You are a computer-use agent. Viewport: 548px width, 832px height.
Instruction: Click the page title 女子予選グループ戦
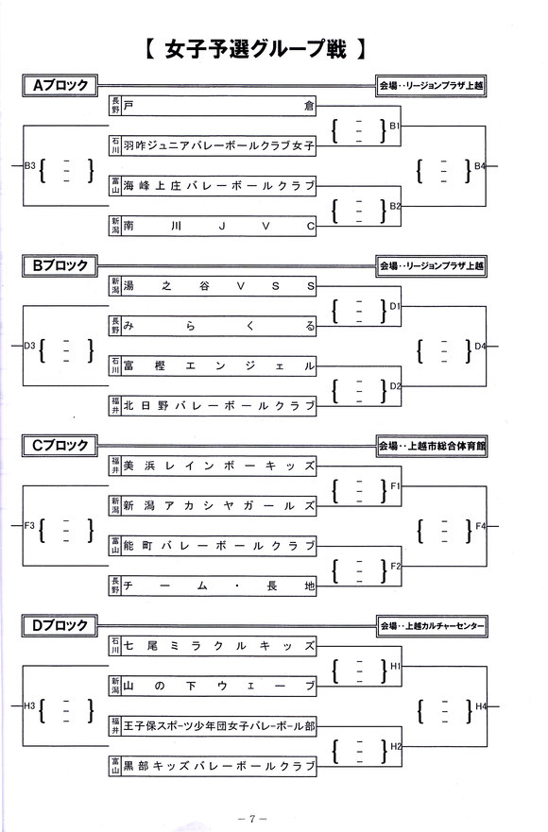point(255,49)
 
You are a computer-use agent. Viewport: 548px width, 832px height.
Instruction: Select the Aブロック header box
point(60,85)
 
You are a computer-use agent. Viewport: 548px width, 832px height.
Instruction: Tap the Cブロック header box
point(60,446)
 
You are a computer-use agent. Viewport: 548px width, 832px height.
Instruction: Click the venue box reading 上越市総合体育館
point(432,447)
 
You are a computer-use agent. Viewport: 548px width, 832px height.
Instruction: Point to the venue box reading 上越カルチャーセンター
point(432,626)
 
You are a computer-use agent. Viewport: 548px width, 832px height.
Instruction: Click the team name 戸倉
point(219,106)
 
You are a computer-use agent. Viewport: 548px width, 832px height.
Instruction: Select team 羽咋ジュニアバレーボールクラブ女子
point(219,145)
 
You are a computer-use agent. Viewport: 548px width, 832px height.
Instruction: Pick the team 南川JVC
point(219,226)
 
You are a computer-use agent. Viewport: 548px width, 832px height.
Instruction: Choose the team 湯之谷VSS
point(219,286)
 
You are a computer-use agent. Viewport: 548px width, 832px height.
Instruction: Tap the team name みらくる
point(219,326)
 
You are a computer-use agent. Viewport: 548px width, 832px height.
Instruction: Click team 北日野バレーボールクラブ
point(219,406)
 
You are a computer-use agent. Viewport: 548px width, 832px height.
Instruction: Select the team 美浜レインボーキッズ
point(219,466)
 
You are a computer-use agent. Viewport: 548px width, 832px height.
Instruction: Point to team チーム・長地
point(219,586)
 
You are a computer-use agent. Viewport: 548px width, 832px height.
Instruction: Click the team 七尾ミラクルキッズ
point(219,646)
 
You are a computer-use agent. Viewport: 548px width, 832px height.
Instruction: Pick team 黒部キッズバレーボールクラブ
point(219,766)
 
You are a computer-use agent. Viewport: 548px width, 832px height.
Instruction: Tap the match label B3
point(29,165)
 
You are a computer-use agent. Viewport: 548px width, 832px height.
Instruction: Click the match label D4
point(480,346)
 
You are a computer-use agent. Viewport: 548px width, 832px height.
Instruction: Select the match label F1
point(395,485)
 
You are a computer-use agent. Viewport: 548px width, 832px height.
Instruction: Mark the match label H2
point(396,746)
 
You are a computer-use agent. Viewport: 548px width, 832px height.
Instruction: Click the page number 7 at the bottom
point(252,818)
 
